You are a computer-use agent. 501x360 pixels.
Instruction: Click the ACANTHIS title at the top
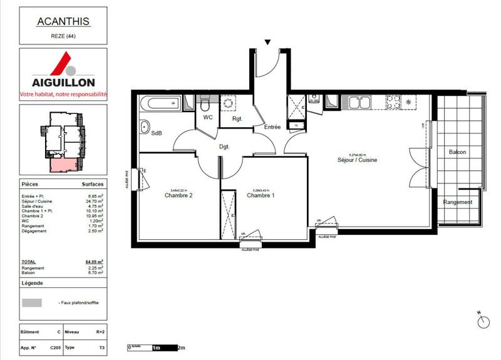63,21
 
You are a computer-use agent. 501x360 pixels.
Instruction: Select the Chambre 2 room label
178,196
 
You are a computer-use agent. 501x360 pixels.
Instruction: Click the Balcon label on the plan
458,152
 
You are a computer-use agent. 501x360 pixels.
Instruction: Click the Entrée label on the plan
272,127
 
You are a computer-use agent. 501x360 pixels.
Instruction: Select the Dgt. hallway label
224,147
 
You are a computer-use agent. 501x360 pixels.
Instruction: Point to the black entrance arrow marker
268,43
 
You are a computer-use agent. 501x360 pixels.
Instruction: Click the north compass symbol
482,321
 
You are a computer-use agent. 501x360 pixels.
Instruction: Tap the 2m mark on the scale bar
182,347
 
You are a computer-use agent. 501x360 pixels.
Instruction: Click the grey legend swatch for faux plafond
32,302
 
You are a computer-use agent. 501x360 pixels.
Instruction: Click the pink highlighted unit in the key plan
63,165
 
